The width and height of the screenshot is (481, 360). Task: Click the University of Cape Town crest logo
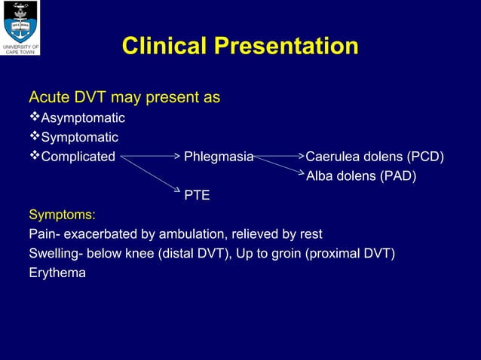pos(20,24)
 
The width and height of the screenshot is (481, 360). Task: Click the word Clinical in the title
pos(164,47)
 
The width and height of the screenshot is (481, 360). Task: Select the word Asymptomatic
pos(83,118)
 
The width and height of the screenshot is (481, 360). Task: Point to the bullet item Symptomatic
pos(79,138)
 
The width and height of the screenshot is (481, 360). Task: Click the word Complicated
pos(78,157)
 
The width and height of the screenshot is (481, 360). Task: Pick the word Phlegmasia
pos(219,157)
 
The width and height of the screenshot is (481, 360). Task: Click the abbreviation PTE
pos(197,196)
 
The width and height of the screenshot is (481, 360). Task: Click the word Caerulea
pos(332,157)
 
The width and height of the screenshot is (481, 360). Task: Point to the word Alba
pos(320,176)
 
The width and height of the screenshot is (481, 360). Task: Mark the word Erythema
pos(57,273)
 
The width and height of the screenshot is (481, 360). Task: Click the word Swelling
pos(51,253)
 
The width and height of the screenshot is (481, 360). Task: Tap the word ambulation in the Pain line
pos(179,234)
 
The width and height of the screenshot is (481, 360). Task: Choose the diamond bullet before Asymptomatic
pos(34,118)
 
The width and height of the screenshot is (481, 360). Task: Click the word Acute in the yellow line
pos(46,98)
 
